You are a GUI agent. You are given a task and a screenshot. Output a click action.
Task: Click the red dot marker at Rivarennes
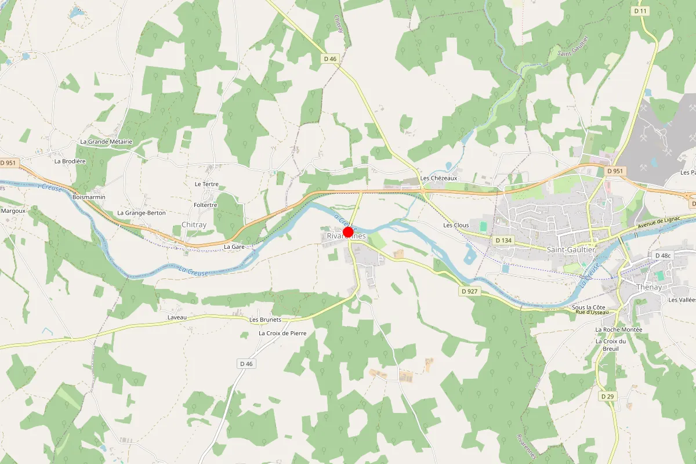(349, 232)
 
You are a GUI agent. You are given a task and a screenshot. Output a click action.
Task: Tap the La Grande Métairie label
(106, 142)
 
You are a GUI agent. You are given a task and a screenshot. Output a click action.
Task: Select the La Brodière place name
(66, 161)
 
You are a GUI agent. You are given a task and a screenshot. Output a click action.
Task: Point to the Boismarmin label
(89, 197)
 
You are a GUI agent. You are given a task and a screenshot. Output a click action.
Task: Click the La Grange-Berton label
(142, 213)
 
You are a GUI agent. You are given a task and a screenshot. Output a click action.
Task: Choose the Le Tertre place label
(206, 184)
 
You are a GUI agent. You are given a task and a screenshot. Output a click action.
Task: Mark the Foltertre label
(205, 205)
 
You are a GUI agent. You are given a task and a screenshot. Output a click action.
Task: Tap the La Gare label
(234, 246)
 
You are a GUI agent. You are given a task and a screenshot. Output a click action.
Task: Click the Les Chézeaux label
(439, 178)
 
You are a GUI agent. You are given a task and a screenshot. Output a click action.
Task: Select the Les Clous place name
(456, 225)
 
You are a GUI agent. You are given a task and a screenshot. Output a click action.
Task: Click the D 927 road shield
(470, 291)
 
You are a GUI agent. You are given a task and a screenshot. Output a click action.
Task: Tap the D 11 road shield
(640, 11)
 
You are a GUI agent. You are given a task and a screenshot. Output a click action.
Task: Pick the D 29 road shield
(607, 396)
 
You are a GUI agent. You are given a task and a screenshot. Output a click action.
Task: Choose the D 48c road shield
(662, 255)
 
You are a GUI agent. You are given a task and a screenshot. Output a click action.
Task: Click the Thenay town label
(649, 287)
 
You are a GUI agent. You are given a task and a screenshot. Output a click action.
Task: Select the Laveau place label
(177, 318)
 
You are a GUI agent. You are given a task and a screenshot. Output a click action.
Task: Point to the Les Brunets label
(265, 320)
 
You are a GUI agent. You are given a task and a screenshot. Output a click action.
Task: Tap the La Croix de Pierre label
(282, 333)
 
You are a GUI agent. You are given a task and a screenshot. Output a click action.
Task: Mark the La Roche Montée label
(619, 329)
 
